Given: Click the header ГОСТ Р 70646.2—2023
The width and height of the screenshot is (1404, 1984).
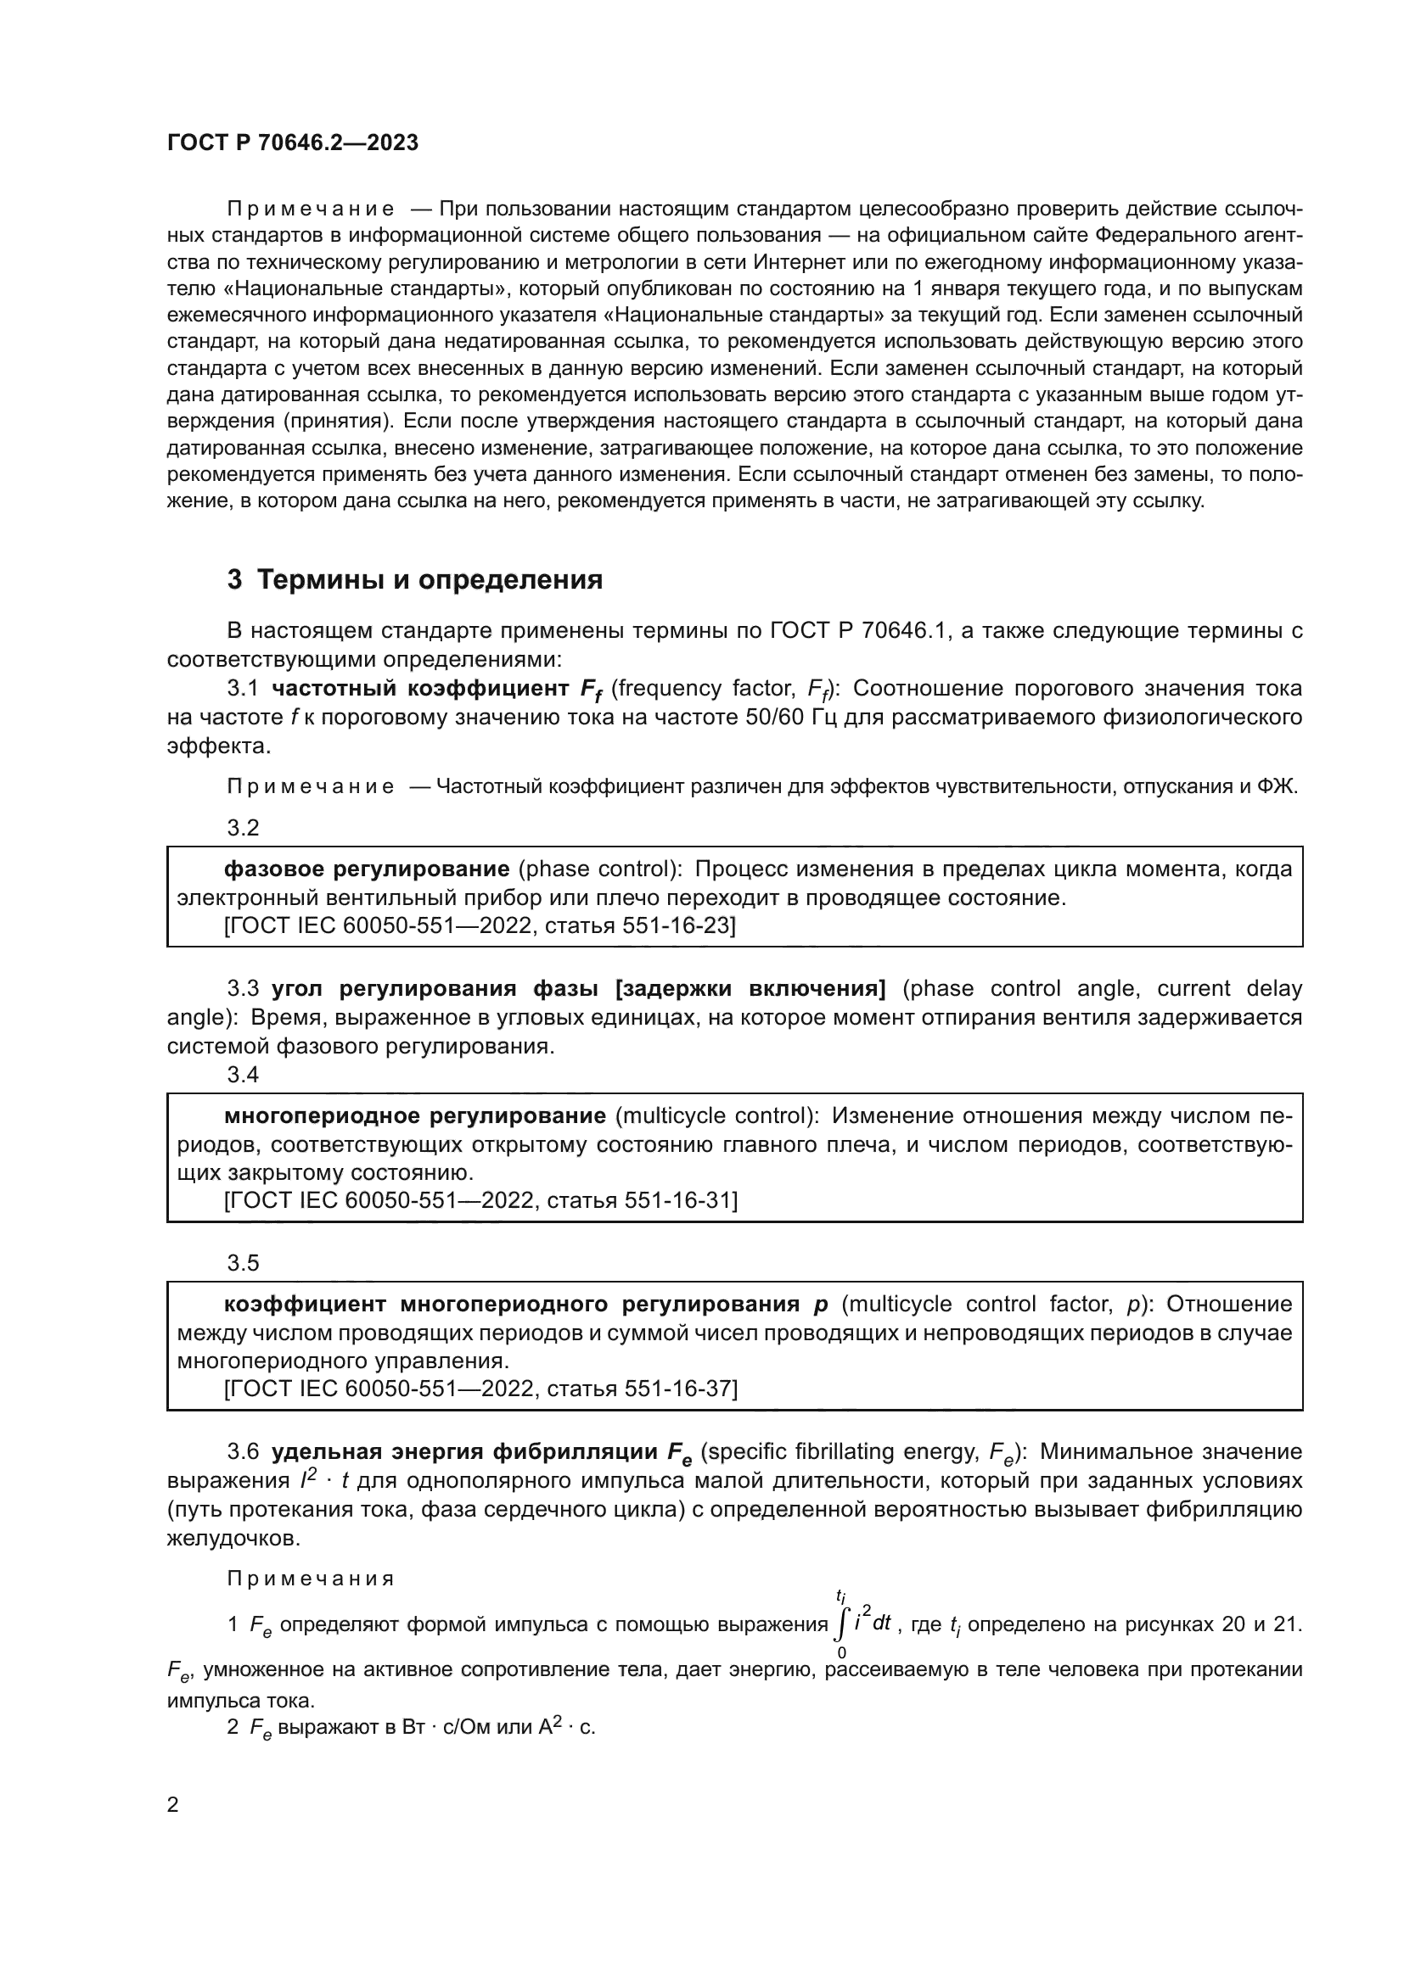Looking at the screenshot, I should pyautogui.click(x=292, y=143).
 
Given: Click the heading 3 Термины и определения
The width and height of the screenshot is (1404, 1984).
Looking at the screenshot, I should pyautogui.click(x=415, y=580).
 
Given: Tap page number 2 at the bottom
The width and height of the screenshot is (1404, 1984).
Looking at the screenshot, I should pyautogui.click(x=173, y=1804).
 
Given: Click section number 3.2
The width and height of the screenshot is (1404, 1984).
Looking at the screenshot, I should pyautogui.click(x=243, y=828).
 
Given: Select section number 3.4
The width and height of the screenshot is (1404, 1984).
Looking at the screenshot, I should pyautogui.click(x=243, y=1074).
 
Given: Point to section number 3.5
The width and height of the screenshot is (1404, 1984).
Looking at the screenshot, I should pyautogui.click(x=243, y=1262).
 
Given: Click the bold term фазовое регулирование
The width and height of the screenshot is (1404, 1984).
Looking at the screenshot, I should pyautogui.click(x=367, y=869).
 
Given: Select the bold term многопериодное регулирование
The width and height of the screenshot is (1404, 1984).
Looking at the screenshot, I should pyautogui.click(x=415, y=1115).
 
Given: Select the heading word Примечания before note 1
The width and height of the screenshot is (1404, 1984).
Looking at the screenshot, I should pyautogui.click(x=311, y=1579).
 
